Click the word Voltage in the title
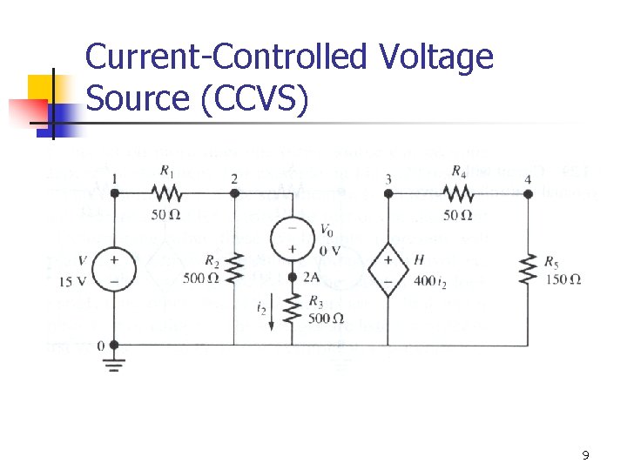tap(435, 58)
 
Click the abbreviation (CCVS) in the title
tap(254, 99)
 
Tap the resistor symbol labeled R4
tap(457, 193)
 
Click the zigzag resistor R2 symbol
tap(234, 269)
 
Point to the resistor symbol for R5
tap(528, 269)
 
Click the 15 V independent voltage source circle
tap(114, 269)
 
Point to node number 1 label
tap(114, 179)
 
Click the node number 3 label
tap(388, 179)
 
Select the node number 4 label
tap(528, 179)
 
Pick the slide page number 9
tap(585, 455)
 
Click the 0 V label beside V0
tap(331, 251)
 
